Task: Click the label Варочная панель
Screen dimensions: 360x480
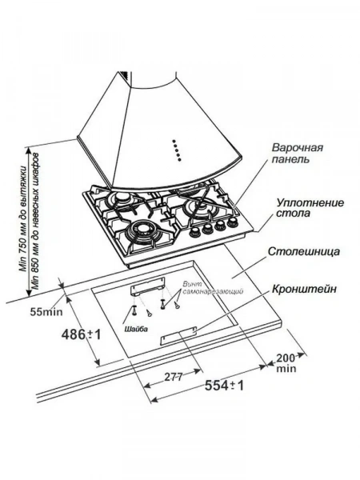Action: click(297, 153)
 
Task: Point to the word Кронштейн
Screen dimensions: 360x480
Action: click(304, 289)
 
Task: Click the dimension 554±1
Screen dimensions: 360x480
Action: click(224, 385)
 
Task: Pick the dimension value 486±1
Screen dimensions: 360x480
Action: click(81, 334)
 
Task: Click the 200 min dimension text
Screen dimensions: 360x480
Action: click(286, 362)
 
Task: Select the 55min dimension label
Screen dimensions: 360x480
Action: click(46, 312)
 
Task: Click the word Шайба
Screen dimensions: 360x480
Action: click(136, 330)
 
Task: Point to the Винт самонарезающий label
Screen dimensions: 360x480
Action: click(213, 288)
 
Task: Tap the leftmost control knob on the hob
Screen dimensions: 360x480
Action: click(194, 232)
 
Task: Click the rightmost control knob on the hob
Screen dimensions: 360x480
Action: click(233, 222)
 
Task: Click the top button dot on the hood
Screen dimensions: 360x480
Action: click(174, 142)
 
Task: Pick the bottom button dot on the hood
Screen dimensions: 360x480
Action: click(180, 159)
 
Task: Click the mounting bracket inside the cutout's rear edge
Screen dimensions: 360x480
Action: click(147, 286)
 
